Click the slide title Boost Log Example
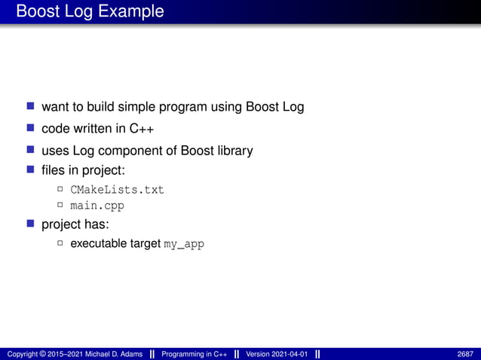point(90,11)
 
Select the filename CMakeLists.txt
point(117,189)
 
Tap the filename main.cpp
point(97,205)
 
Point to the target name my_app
point(184,244)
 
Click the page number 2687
point(465,354)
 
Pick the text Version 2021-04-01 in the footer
point(277,354)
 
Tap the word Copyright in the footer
point(24,354)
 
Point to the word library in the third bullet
point(231,151)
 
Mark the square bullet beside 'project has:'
point(31,224)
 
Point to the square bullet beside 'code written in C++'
point(31,128)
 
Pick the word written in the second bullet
point(100,129)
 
